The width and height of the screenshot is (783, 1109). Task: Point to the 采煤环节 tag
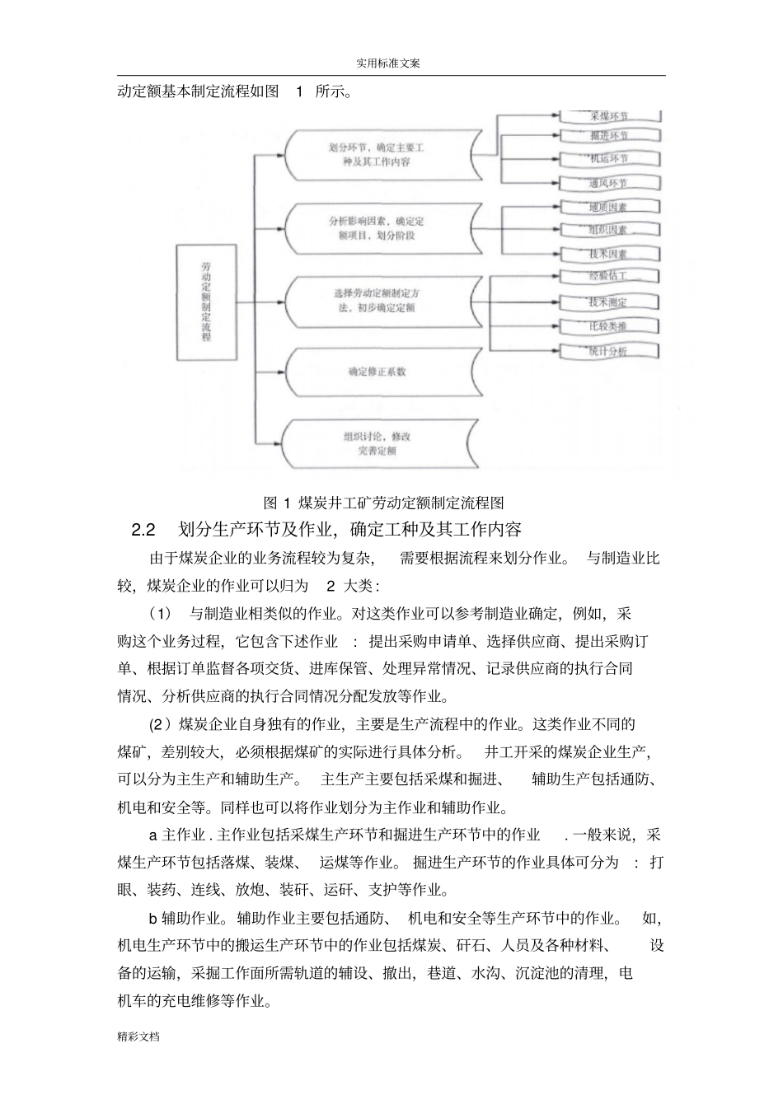609,116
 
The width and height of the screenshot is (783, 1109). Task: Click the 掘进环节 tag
609,135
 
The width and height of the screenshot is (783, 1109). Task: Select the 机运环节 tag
609,158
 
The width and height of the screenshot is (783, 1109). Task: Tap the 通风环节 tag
609,183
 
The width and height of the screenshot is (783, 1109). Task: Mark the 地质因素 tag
609,207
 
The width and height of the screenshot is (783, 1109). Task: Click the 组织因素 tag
609,230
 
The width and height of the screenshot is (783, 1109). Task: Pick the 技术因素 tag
609,255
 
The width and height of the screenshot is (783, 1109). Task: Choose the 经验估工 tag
609,276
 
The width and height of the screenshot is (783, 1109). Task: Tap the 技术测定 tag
609,302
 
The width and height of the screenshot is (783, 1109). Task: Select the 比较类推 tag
609,326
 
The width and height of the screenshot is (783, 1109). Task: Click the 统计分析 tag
609,351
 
